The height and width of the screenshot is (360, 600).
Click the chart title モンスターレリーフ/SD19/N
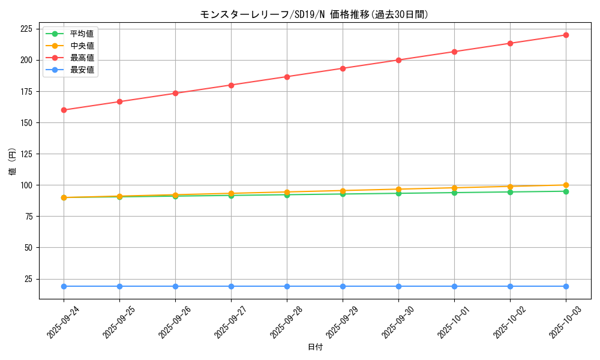[314, 14]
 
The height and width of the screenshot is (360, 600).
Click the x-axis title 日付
[315, 347]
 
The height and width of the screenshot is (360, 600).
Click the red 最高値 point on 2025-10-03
[566, 35]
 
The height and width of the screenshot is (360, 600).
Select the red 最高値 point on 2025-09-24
[64, 110]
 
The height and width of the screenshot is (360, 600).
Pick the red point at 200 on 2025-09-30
[398, 60]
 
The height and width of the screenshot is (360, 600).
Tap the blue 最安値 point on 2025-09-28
[287, 286]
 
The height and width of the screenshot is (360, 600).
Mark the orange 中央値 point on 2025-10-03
[566, 185]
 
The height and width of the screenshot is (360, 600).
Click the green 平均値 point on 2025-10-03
[566, 191]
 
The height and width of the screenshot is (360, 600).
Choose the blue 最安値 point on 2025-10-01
[454, 286]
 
